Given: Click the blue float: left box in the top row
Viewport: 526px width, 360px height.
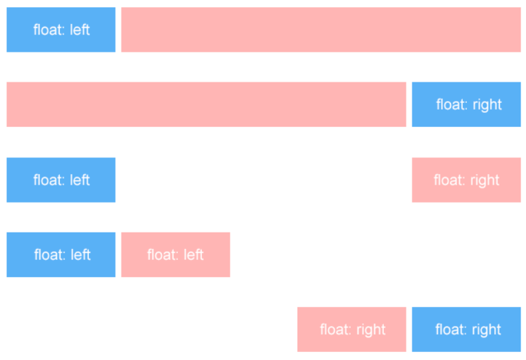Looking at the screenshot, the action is pos(61,29).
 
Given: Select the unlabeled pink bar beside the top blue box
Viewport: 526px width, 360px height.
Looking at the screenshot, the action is pos(321,29).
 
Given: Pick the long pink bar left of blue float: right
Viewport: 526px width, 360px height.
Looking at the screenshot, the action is pos(207,104).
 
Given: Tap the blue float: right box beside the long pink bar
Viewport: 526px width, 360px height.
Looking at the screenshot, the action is pos(466,104).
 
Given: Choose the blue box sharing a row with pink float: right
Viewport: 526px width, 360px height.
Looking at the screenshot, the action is pos(61,180).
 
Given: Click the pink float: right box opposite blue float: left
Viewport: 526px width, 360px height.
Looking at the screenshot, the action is pos(466,180).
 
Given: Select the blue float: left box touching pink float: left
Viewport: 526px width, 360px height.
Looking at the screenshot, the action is pos(61,254).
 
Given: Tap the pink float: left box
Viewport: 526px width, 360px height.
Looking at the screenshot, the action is pos(176,254).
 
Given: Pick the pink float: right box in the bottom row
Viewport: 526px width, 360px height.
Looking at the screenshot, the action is pos(351,329).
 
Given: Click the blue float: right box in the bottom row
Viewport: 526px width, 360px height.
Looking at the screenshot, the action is pos(466,329).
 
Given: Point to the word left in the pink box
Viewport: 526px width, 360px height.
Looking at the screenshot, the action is pos(194,254).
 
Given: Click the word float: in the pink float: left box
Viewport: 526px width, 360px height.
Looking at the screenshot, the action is pos(163,254).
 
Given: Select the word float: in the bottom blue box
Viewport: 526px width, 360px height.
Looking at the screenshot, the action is pos(452,329).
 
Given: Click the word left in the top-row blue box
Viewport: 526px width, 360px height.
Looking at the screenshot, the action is pos(80,29).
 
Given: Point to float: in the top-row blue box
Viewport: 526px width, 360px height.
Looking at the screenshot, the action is pos(49,29).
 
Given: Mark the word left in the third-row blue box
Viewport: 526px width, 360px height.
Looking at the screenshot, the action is pos(80,180).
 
